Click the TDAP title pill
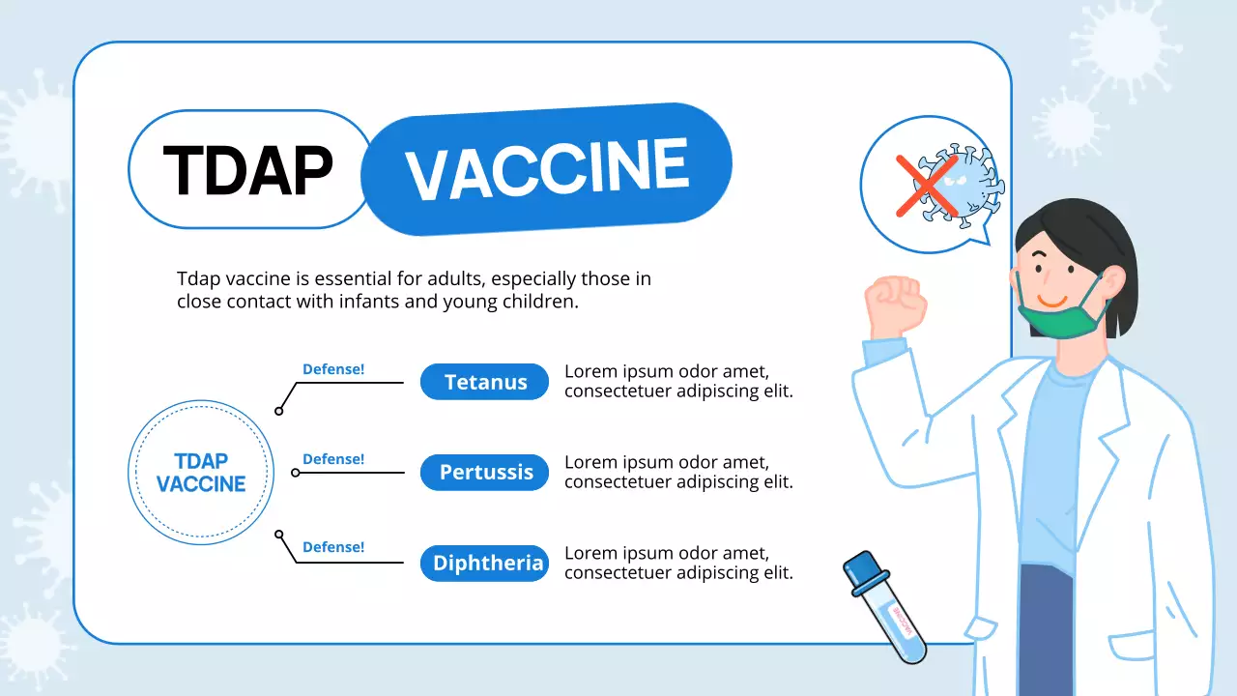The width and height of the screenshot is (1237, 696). pyautogui.click(x=248, y=169)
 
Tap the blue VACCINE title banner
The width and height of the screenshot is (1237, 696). pyautogui.click(x=547, y=168)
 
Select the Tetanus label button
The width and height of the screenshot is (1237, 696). pyautogui.click(x=484, y=382)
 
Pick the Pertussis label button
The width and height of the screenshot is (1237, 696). pyautogui.click(x=484, y=473)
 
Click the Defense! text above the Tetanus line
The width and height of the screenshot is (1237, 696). pyautogui.click(x=333, y=369)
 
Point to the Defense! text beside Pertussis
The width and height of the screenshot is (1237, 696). pyautogui.click(x=333, y=459)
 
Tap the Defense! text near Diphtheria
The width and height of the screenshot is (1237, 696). pyautogui.click(x=333, y=547)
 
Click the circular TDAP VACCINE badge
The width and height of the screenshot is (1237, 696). pyautogui.click(x=201, y=473)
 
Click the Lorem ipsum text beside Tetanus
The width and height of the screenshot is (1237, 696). pyautogui.click(x=678, y=382)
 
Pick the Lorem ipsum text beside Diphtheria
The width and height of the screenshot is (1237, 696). pyautogui.click(x=678, y=564)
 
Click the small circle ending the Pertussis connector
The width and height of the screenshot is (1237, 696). pyautogui.click(x=296, y=473)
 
